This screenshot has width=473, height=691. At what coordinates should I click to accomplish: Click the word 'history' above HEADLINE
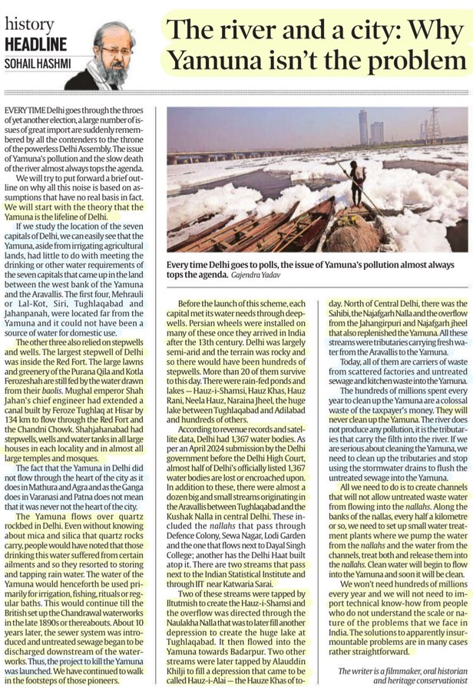click(29, 26)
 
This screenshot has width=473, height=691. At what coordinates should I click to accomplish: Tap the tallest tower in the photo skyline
click(362, 126)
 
